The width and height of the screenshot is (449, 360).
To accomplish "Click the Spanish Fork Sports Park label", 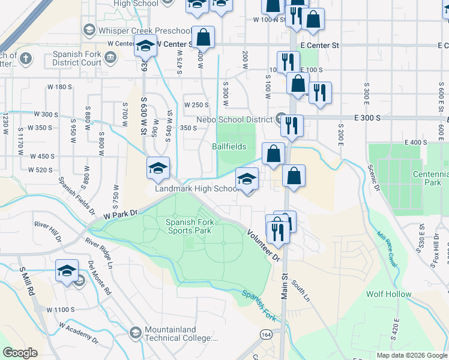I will coord(188,226).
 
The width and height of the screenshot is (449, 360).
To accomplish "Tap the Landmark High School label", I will coord(197,188).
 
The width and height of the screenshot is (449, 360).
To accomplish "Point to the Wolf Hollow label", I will coord(389,294).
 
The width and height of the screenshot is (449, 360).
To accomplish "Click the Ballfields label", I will coord(229,146).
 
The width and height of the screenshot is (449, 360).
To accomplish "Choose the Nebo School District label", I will coord(238,119).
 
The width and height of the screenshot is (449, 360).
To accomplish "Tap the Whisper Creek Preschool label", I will coord(138,31).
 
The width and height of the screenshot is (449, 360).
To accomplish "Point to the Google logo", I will coord(20,353).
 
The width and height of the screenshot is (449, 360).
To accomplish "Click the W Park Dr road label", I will coord(120,213).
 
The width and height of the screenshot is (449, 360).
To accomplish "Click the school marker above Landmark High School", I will coord(247,179).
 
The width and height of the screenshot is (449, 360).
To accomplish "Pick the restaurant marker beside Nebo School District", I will coord(292,125).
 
